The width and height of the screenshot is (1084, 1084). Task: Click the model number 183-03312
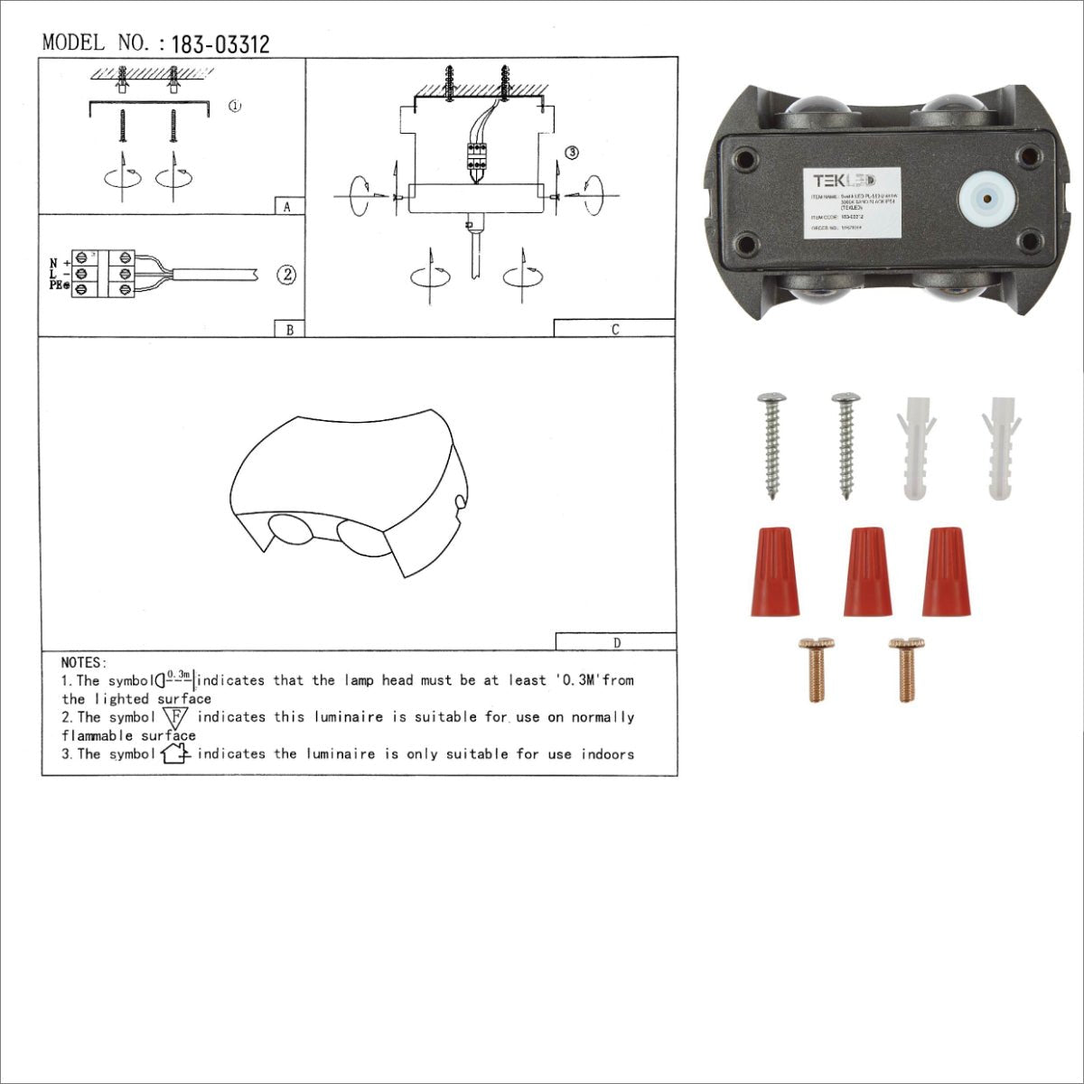pos(220,44)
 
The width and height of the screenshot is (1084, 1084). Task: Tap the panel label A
pos(287,207)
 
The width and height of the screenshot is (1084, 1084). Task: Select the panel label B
pos(289,330)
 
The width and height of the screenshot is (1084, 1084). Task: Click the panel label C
pos(614,330)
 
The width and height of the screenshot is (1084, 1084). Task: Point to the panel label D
pos(616,643)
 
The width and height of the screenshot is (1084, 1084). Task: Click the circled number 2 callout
pos(285,275)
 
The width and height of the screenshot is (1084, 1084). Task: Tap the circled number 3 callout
pos(571,153)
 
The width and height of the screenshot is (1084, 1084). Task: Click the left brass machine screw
pos(817,668)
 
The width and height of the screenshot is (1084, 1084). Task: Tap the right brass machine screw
pos(906,668)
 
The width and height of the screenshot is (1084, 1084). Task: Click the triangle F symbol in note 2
pos(176,718)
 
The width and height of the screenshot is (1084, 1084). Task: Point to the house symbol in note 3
pos(173,753)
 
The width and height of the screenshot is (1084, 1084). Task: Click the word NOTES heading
pos(84,663)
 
